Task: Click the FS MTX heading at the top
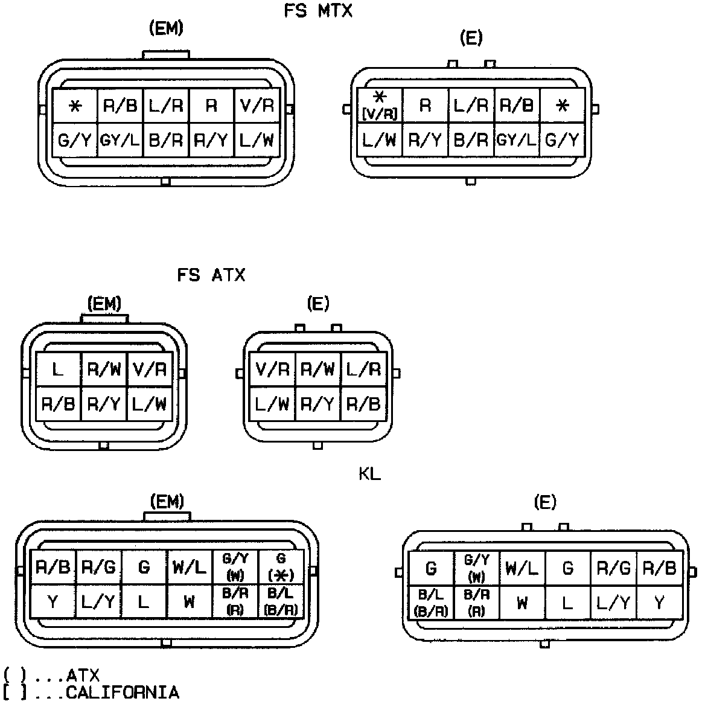[x=318, y=11]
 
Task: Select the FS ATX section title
[x=211, y=275]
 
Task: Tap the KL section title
[x=369, y=475]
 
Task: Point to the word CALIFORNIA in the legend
[x=123, y=693]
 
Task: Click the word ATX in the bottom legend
[x=83, y=676]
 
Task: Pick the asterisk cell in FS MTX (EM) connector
[x=75, y=106]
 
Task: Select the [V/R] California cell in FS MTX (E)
[x=380, y=105]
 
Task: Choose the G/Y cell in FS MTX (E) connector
[x=562, y=141]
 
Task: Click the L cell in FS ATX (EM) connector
[x=58, y=369]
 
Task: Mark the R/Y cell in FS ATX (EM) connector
[x=104, y=403]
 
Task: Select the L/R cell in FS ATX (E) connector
[x=364, y=368]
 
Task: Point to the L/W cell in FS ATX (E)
[x=272, y=403]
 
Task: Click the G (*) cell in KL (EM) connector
[x=281, y=567]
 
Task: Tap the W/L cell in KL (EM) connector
[x=189, y=568]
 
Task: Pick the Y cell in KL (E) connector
[x=659, y=603]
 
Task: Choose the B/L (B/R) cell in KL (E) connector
[x=431, y=603]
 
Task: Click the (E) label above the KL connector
[x=545, y=502]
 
